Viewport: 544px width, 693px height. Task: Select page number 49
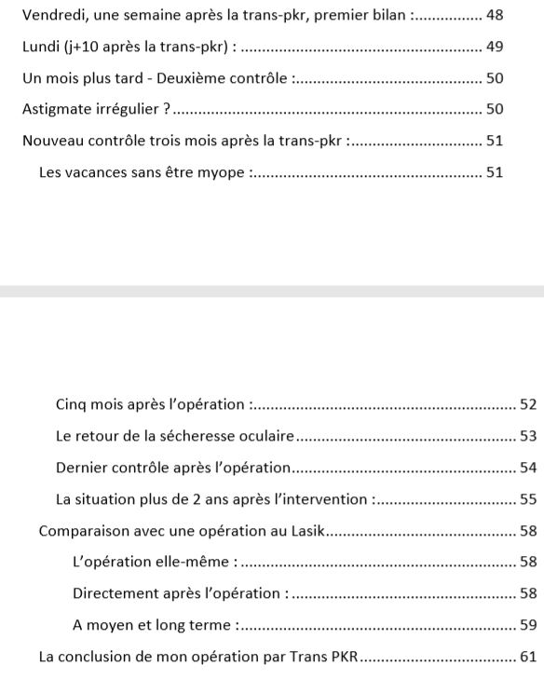click(x=495, y=47)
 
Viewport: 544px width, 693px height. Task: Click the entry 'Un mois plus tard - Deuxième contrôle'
click(x=156, y=78)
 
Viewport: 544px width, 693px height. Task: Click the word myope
click(x=224, y=172)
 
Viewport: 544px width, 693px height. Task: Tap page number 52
click(x=528, y=404)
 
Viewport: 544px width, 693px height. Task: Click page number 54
click(x=528, y=468)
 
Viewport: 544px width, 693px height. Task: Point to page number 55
click(x=528, y=499)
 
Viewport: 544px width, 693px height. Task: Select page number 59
click(x=528, y=625)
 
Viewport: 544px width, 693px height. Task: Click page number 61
click(x=528, y=657)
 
